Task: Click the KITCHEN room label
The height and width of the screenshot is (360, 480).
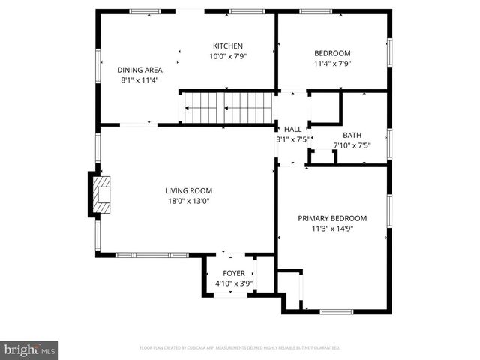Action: [x=227, y=46]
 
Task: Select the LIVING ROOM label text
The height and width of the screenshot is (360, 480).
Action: [x=187, y=190]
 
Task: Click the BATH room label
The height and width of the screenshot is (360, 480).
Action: [x=352, y=136]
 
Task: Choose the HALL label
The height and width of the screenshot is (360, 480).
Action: [x=292, y=129]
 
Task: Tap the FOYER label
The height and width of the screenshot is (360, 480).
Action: [x=234, y=274]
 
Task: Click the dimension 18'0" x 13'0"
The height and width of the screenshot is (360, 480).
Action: [x=187, y=200]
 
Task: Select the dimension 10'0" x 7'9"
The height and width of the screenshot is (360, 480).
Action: [x=227, y=55]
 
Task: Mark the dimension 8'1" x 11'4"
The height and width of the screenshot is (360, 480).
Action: [x=139, y=79]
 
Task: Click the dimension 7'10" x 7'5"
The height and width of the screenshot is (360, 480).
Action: [x=352, y=145]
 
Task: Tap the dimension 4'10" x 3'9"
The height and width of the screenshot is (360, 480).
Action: [x=234, y=283]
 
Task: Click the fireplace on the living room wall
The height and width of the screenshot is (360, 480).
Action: [x=100, y=194]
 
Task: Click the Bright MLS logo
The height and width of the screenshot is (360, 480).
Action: [x=30, y=349]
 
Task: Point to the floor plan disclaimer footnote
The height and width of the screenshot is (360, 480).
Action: [x=240, y=348]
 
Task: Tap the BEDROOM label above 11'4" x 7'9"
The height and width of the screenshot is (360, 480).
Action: [x=331, y=53]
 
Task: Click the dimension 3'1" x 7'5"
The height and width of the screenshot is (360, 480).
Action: [x=292, y=139]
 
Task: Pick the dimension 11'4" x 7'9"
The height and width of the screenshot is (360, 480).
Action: [x=331, y=63]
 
